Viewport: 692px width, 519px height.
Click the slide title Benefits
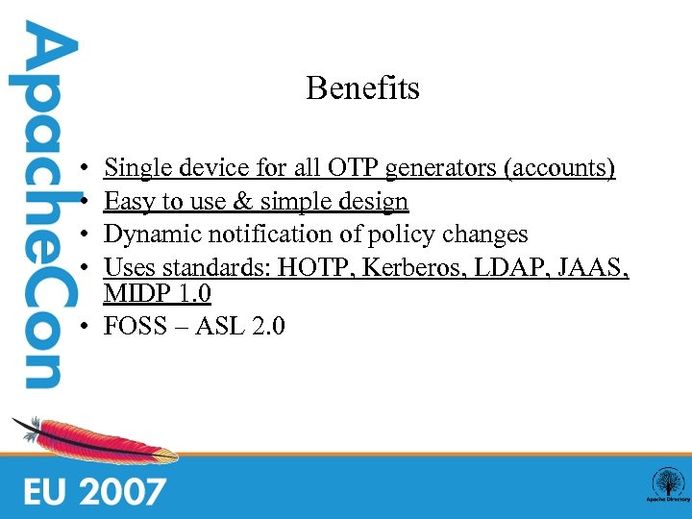click(x=362, y=88)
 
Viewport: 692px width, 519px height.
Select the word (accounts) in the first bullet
click(x=557, y=169)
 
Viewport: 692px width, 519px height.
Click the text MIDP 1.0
click(x=158, y=292)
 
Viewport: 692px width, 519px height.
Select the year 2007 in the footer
click(x=122, y=491)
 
